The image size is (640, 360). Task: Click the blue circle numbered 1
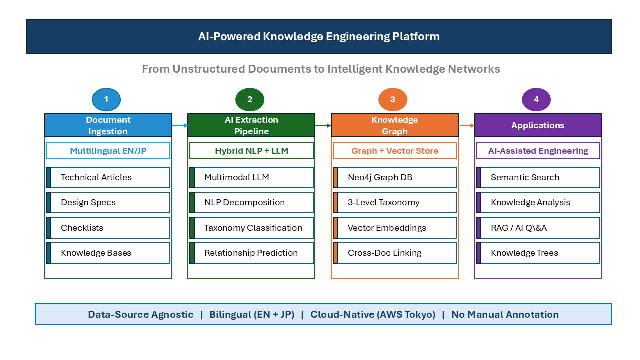106,99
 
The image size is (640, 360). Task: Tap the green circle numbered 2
250,99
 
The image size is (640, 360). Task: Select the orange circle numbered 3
393,99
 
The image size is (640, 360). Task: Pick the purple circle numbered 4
536,99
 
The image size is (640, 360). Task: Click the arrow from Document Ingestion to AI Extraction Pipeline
180,125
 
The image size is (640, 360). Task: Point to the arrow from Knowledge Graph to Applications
467,125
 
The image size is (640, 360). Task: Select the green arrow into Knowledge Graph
323,125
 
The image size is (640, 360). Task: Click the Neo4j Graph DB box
395,177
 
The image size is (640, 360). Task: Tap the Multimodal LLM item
251,177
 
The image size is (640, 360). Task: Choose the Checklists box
108,228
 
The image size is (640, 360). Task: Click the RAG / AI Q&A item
538,228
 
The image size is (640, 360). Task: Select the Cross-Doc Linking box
395,253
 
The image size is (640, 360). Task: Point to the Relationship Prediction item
251,253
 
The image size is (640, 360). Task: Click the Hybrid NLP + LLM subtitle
251,151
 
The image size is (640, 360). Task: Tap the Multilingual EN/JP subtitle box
108,151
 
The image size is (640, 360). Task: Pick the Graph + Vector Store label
395,151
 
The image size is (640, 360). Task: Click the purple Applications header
538,125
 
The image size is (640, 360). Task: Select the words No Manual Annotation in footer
505,314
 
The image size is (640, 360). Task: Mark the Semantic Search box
538,177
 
